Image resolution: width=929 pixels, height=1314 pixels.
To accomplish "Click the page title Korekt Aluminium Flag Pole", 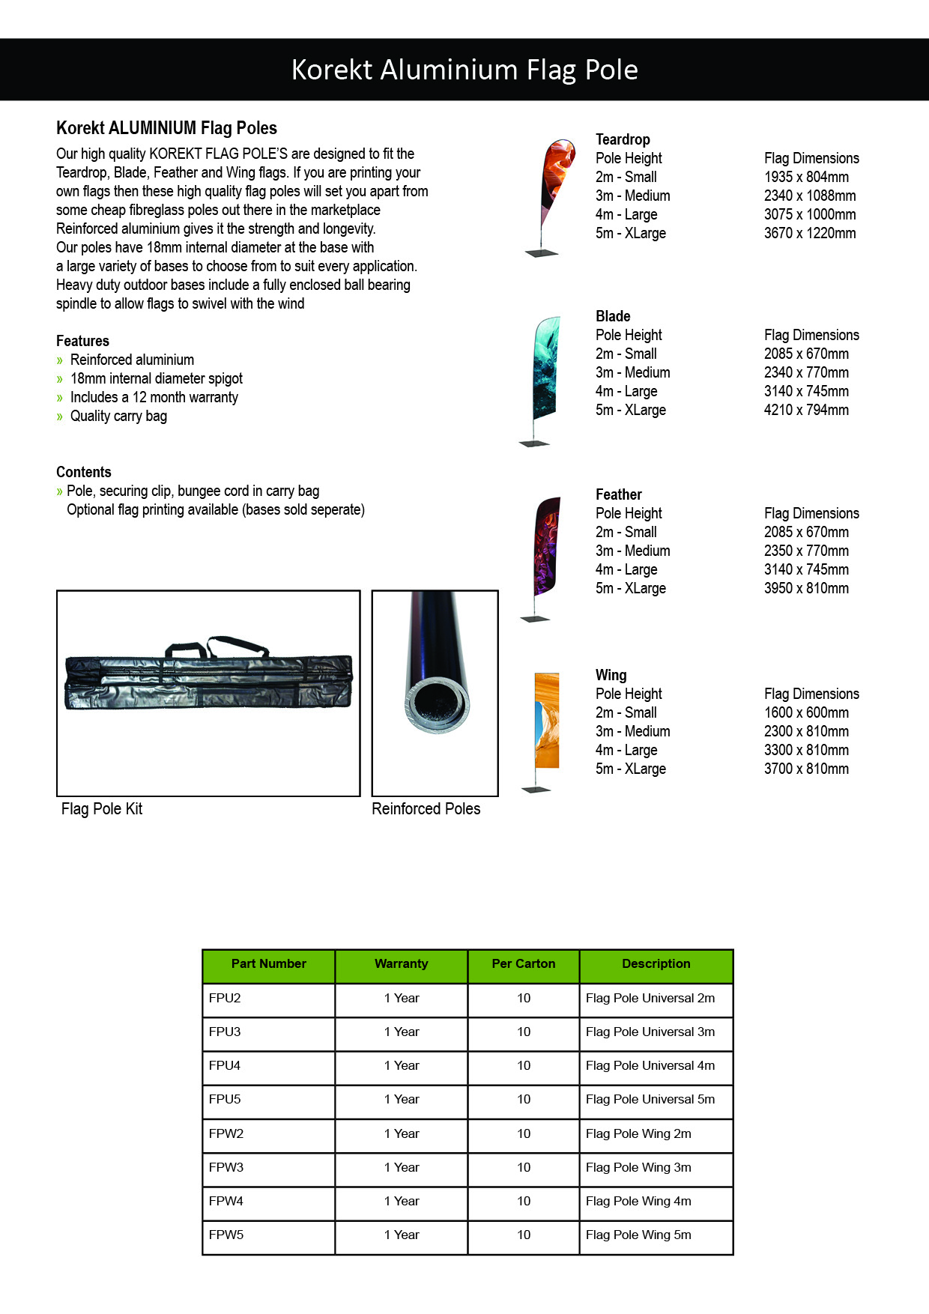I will coord(464,70).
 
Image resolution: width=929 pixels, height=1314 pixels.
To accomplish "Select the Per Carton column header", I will coord(523,964).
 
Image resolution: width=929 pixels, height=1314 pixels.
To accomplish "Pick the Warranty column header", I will coord(401,964).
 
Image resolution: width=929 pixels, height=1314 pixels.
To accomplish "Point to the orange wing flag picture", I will coord(547,721).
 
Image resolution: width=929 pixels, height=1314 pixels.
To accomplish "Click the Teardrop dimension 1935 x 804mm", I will coord(806,178).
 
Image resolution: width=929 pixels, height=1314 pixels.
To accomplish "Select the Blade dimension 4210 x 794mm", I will coord(806,411).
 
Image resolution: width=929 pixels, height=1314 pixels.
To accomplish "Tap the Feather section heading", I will coord(618,495).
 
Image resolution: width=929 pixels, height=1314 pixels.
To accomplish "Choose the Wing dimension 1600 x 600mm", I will coord(806,713).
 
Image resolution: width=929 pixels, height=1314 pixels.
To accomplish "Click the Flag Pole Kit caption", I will coord(102,809).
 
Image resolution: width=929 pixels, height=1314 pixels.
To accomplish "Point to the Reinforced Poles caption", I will coord(426,809).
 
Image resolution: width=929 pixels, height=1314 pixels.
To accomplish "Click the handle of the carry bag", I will coord(217,646).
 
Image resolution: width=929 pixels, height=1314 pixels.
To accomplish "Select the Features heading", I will coord(82,342).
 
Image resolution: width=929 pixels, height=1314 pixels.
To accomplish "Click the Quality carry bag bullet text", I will coord(118,417).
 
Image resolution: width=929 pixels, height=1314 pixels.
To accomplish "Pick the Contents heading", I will coord(83,473).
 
